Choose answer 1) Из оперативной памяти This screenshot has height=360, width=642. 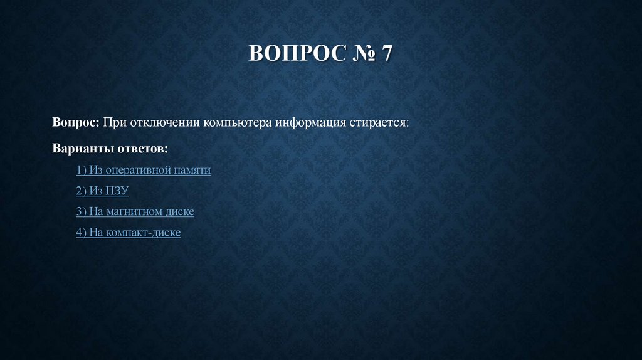[x=143, y=170]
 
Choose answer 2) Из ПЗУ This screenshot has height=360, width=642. [x=102, y=191]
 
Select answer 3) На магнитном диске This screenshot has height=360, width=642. [x=135, y=211]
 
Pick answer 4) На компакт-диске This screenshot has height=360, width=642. [x=128, y=232]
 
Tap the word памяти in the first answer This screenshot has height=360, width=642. [x=191, y=170]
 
